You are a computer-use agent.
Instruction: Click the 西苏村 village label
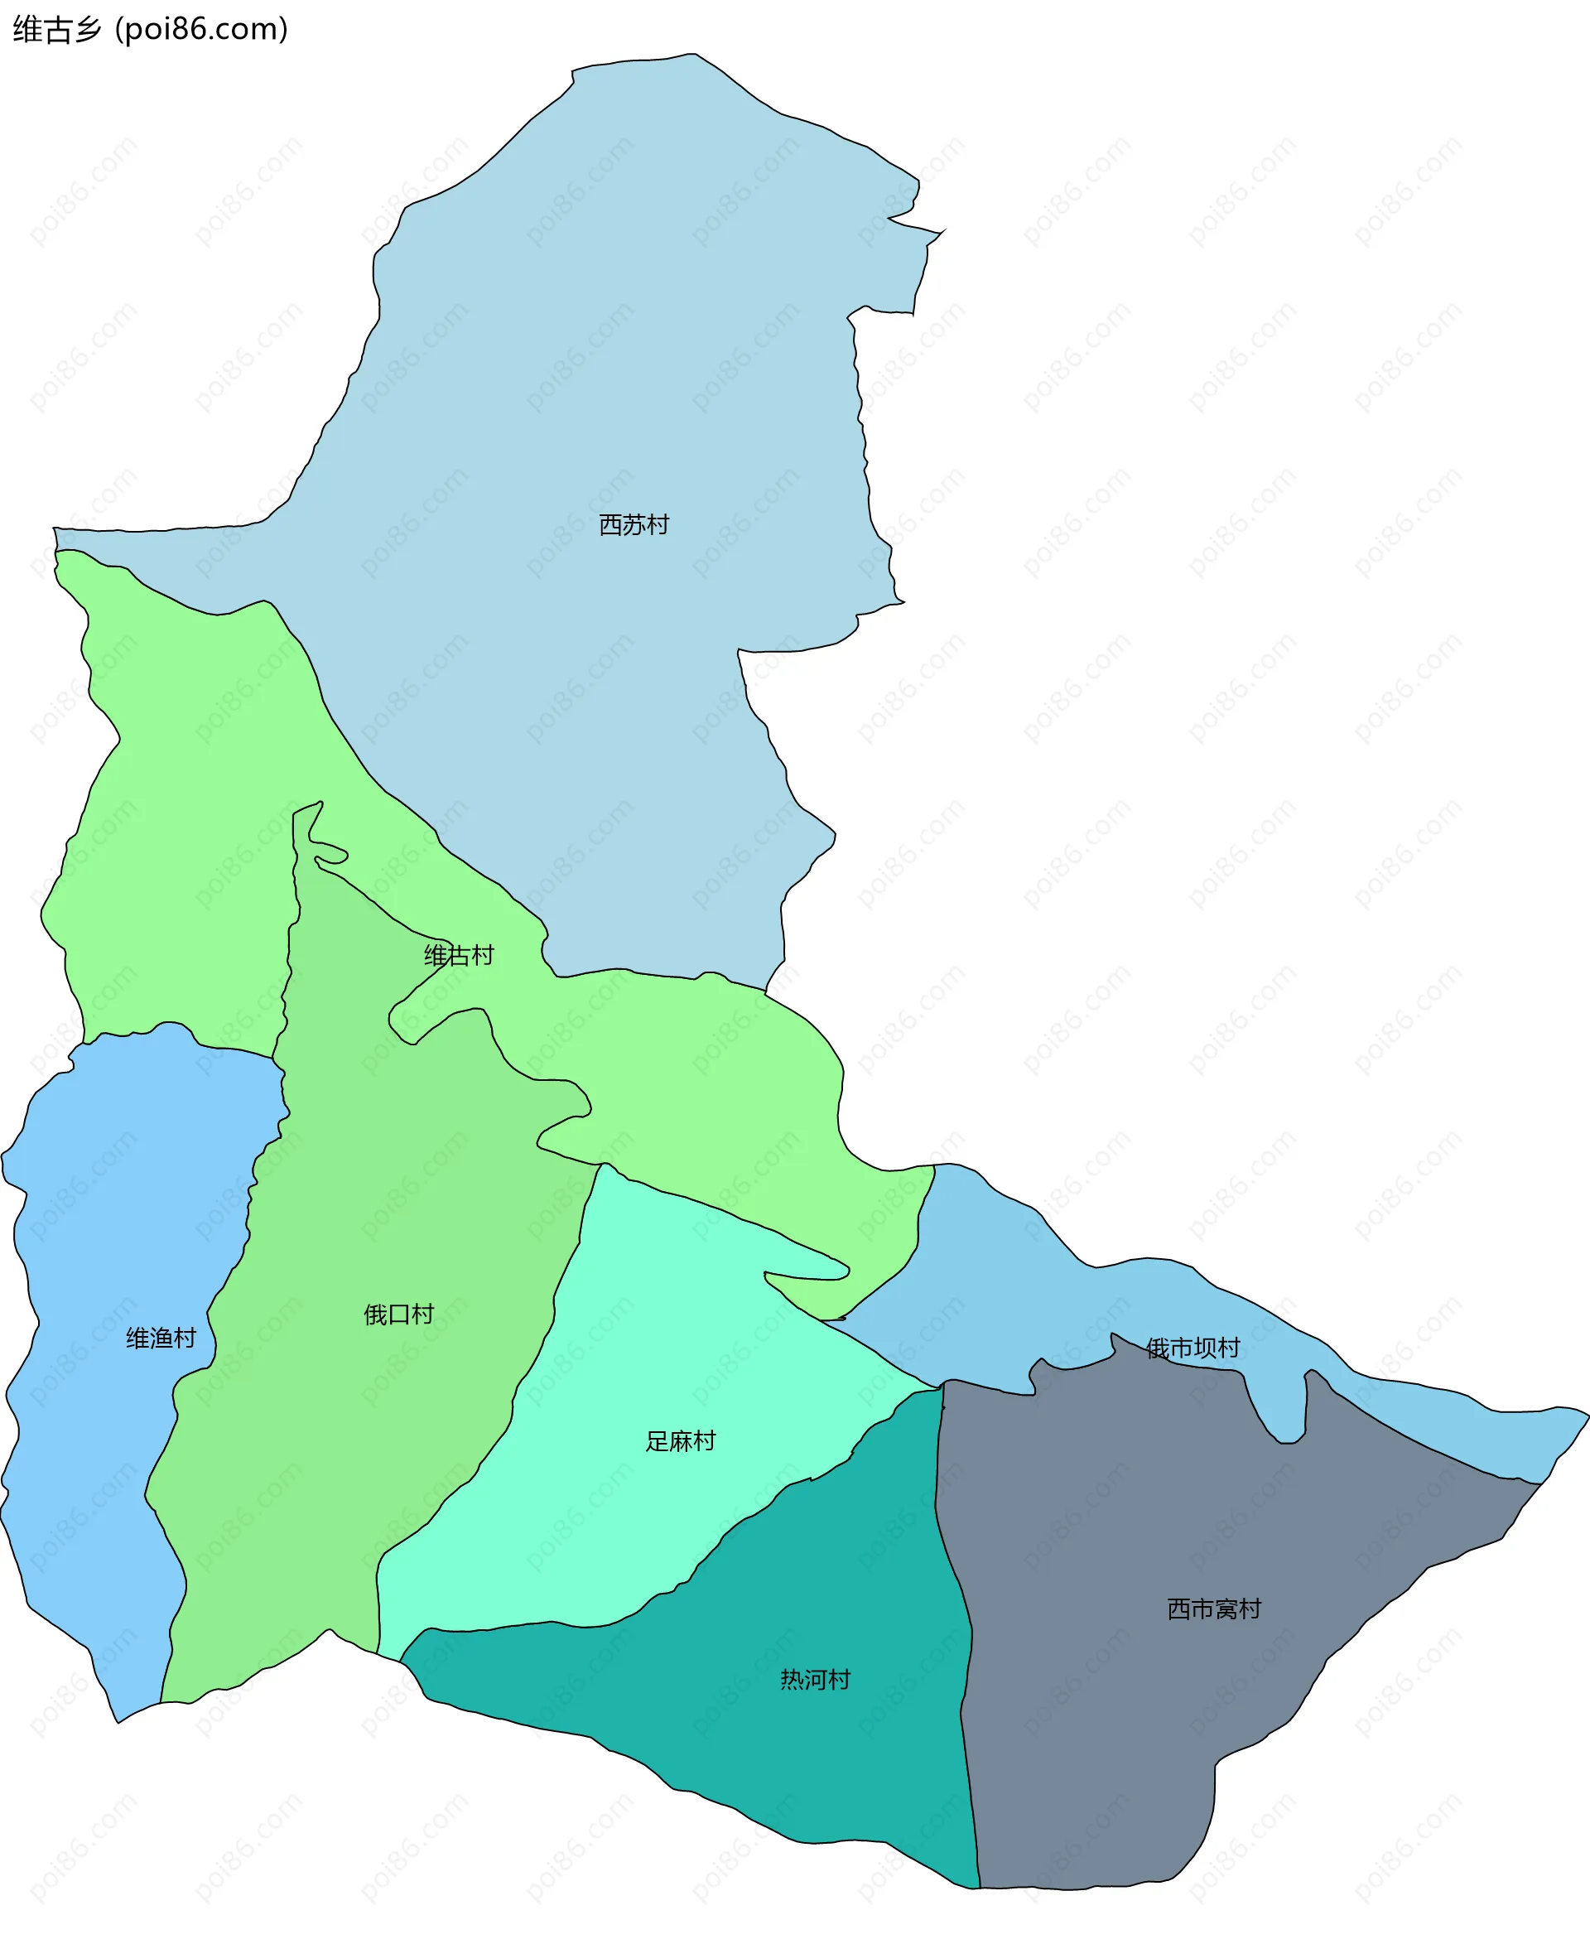tap(634, 525)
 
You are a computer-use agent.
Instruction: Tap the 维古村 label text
tap(459, 956)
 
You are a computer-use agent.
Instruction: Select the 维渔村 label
tap(161, 1339)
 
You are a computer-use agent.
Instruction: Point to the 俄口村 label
tap(398, 1314)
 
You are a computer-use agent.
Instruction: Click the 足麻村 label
tap(681, 1441)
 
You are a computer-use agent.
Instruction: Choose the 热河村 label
tap(815, 1679)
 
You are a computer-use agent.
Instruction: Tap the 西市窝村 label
tap(1213, 1609)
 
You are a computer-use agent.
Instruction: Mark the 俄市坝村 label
tap(1192, 1348)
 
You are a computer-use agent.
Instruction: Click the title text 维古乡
tap(57, 29)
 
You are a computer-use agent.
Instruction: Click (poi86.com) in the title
tap(201, 29)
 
